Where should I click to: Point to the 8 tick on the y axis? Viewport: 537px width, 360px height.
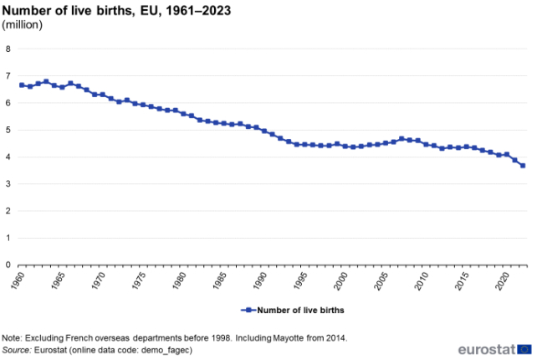[x=8, y=49]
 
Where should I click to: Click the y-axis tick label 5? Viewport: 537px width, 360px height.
[x=8, y=130]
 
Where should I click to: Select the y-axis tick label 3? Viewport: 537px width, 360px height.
[x=8, y=184]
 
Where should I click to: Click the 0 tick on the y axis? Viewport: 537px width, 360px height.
[x=8, y=265]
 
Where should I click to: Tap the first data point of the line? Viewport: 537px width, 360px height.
[x=22, y=85]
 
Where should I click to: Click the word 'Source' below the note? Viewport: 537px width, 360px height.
[x=19, y=349]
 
